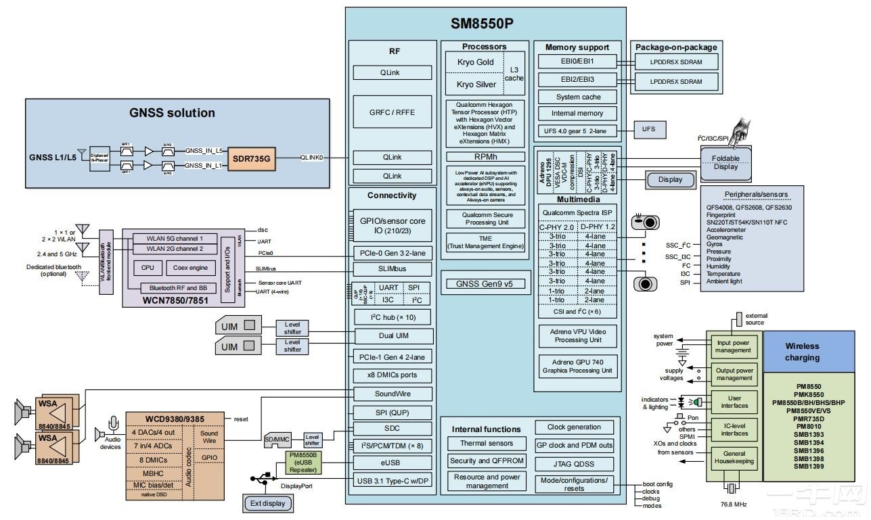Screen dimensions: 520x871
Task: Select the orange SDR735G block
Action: [x=252, y=158]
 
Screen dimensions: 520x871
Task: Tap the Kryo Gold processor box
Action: [x=475, y=62]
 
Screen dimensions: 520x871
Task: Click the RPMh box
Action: [x=485, y=156]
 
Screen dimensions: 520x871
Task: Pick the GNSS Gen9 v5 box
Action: [x=485, y=283]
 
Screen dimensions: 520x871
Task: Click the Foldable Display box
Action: [x=725, y=163]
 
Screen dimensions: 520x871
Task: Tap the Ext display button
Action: [x=268, y=503]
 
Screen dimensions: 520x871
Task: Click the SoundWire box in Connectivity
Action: [x=393, y=394]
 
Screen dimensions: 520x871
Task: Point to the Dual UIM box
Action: [x=393, y=335]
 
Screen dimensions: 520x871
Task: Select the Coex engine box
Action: [x=190, y=268]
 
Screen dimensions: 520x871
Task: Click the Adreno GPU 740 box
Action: [x=578, y=367]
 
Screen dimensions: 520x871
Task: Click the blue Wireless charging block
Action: [x=802, y=352]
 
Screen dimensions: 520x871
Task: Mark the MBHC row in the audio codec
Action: [x=152, y=473]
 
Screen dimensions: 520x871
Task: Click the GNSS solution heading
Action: [x=172, y=113]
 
